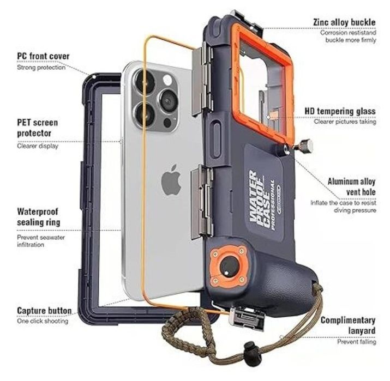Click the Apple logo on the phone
pyautogui.click(x=171, y=179)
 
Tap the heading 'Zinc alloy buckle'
pyautogui.click(x=344, y=22)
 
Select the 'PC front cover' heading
pyautogui.click(x=43, y=56)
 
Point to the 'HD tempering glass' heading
pyautogui.click(x=340, y=111)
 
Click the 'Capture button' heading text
pyautogui.click(x=44, y=311)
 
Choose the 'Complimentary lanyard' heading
pyautogui.click(x=348, y=325)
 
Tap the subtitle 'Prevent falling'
pyautogui.click(x=356, y=342)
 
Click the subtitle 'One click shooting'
pyautogui.click(x=43, y=321)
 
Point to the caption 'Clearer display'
pyautogui.click(x=38, y=146)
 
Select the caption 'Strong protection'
pyautogui.click(x=41, y=68)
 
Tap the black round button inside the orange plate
pyautogui.click(x=229, y=266)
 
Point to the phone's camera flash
pyautogui.click(x=167, y=80)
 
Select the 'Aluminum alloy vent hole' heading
pyautogui.click(x=351, y=186)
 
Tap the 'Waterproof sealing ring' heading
pyautogui.click(x=39, y=217)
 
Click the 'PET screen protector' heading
pyautogui.click(x=38, y=128)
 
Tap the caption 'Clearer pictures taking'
pyautogui.click(x=345, y=122)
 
